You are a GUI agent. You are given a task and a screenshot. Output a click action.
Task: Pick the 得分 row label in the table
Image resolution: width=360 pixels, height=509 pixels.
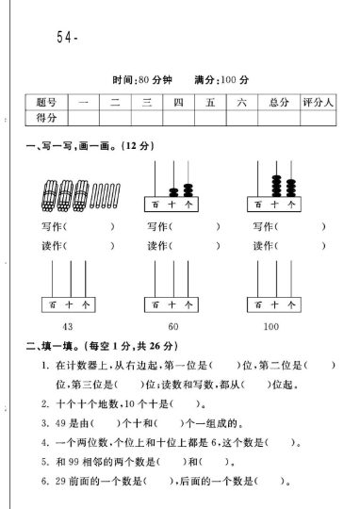coord(47,118)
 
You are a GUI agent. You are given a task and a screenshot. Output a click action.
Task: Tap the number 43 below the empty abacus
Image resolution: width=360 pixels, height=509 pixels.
coord(67,326)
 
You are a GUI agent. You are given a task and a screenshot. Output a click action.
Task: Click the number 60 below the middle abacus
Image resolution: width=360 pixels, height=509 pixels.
coord(173,326)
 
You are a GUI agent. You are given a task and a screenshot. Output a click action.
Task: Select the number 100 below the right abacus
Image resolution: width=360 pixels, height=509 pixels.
coord(271,326)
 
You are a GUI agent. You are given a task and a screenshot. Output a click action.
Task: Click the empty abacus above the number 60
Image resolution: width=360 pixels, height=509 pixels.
coord(173,283)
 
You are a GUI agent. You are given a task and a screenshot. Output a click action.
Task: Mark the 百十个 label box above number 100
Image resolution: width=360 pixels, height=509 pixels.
coord(271,304)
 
